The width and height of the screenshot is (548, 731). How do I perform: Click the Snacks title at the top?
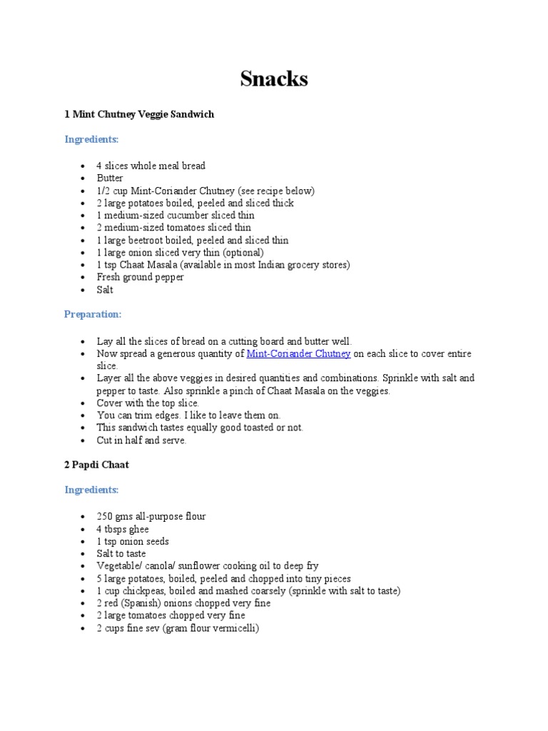(274, 79)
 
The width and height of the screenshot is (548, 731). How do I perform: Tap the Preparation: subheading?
(93, 314)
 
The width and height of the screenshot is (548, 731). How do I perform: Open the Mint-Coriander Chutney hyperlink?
(298, 354)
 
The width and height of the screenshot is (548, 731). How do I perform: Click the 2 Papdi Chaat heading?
(96, 465)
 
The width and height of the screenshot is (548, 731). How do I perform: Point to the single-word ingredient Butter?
(110, 178)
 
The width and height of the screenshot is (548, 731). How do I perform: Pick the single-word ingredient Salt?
(105, 290)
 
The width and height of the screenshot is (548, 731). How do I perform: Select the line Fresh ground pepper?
(141, 278)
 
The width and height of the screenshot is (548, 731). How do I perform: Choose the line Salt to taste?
(121, 554)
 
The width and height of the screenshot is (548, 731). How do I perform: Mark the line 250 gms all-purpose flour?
(151, 517)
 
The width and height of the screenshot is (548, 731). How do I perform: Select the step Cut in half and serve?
(141, 440)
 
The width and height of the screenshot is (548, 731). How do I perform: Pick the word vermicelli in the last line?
(230, 628)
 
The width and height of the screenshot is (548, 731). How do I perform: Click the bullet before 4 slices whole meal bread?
(84, 166)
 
